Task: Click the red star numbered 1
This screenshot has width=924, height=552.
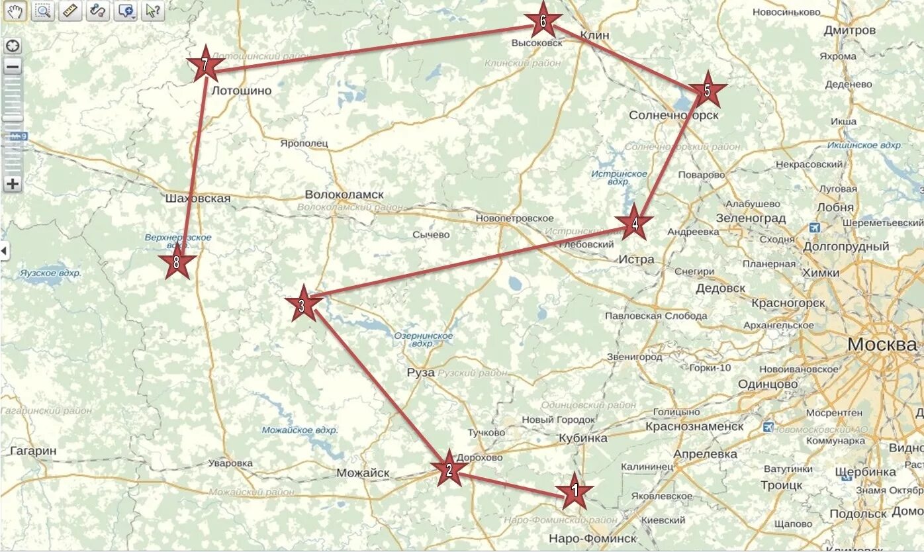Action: click(x=574, y=491)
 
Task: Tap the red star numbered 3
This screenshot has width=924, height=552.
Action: click(x=302, y=305)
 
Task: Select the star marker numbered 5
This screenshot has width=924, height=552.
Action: click(x=706, y=91)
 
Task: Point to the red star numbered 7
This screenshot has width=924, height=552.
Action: click(x=205, y=65)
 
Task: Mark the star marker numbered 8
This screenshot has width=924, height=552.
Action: click(x=177, y=263)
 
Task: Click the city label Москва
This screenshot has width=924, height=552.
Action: click(x=882, y=345)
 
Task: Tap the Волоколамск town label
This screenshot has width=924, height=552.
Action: click(x=344, y=195)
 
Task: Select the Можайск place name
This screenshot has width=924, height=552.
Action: click(x=363, y=473)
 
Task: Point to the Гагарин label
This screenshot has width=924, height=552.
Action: click(x=33, y=451)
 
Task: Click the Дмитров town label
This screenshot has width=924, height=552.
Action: click(x=850, y=30)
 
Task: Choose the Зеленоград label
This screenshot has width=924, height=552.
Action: click(x=751, y=218)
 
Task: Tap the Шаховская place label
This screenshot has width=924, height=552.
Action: click(x=198, y=199)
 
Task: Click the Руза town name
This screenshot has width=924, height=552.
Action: click(x=421, y=373)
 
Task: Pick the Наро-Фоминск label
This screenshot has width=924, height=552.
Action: click(x=593, y=538)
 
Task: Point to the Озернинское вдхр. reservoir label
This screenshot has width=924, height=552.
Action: click(x=424, y=340)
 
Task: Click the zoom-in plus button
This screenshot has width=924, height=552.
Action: click(x=13, y=184)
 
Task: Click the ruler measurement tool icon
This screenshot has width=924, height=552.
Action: click(x=69, y=11)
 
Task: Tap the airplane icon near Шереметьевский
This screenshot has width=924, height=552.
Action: click(x=814, y=227)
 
